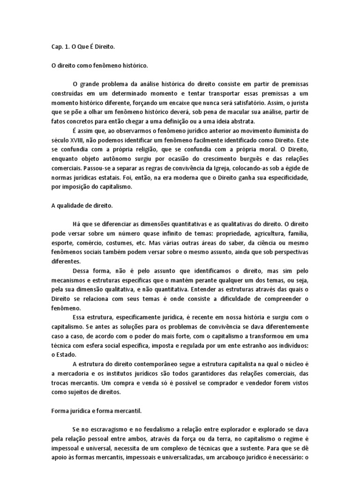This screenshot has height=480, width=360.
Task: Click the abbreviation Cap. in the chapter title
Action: pyautogui.click(x=57, y=47)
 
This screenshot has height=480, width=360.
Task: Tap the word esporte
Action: pyautogui.click(x=63, y=243)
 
